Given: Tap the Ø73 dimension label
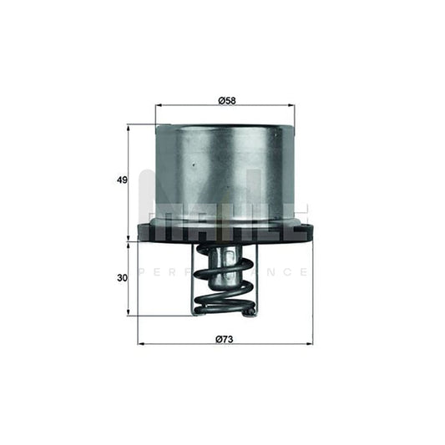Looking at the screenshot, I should point(223,338).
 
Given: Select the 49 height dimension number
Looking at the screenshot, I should point(122,180).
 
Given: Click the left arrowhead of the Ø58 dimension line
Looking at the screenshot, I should point(159,108).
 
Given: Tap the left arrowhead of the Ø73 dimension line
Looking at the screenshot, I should point(140,344).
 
